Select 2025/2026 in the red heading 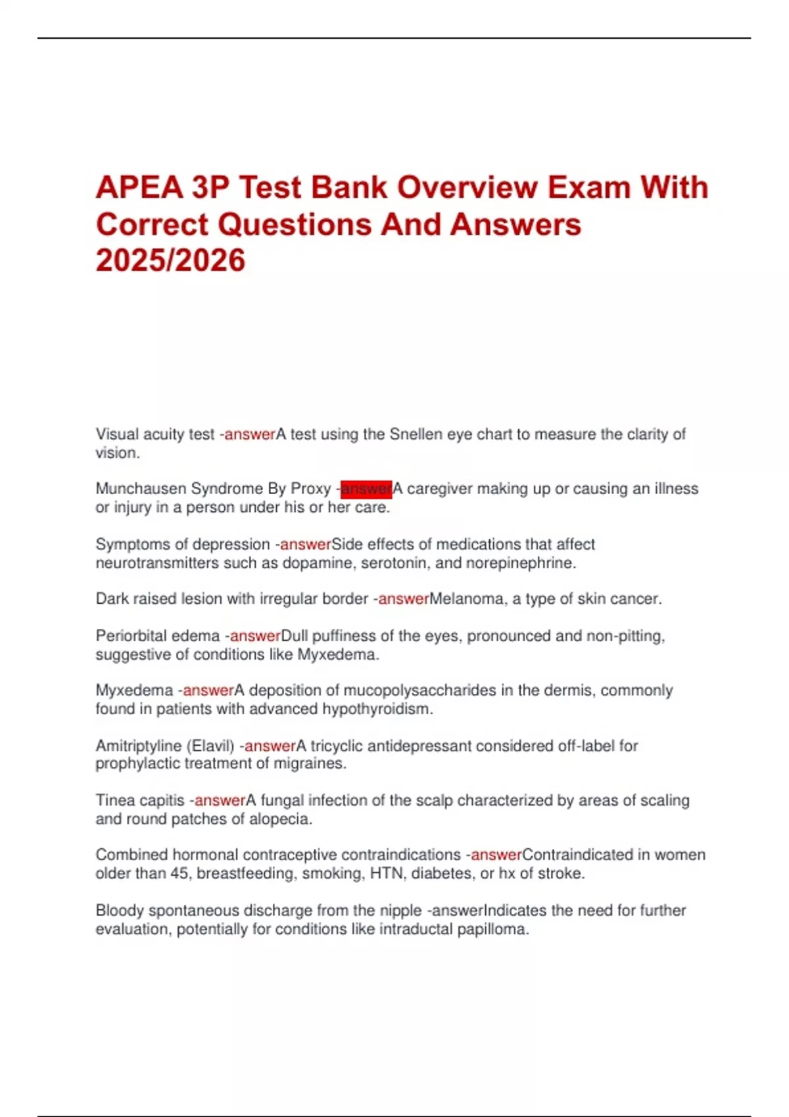pos(170,260)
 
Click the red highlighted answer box pos(366,489)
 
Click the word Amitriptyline pos(138,746)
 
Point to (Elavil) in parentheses pos(210,746)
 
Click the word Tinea pos(114,800)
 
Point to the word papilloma pos(496,929)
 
